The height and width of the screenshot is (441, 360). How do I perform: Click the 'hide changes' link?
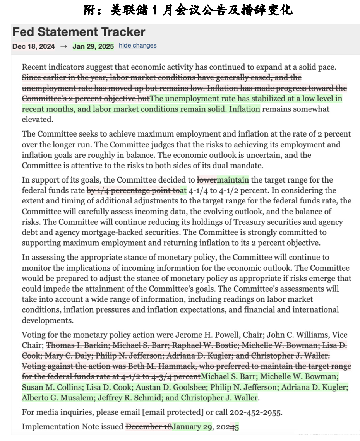tap(137, 46)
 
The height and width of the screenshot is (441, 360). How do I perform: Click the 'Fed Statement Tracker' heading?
tap(79, 32)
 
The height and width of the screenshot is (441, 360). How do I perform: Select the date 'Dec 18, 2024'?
tap(34, 46)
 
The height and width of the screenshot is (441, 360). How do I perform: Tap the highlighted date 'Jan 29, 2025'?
tap(93, 46)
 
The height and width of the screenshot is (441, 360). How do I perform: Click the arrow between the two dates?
tap(64, 46)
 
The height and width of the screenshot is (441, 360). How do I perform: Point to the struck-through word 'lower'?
tap(207, 180)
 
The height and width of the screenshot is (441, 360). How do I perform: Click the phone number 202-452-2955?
tap(255, 412)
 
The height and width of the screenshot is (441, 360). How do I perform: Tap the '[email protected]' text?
tap(174, 412)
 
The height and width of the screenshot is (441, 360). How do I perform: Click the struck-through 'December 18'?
tap(149, 427)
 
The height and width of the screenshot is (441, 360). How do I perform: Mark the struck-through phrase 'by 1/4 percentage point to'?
tap(133, 191)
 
